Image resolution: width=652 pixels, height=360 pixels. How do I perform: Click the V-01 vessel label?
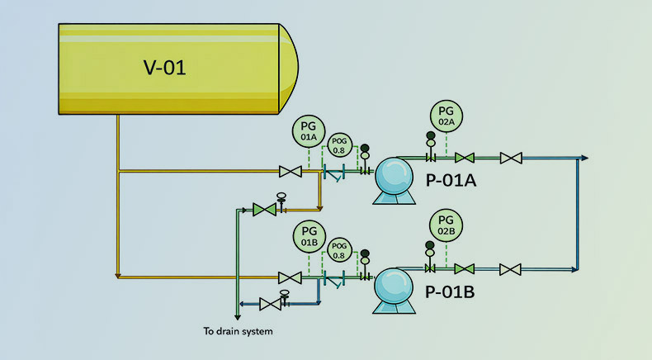click(x=161, y=67)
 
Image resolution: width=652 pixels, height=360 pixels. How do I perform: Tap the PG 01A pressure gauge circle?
click(x=309, y=133)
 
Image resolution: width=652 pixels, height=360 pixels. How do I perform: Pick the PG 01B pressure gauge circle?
click(x=309, y=236)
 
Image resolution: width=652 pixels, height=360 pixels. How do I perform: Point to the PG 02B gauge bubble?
click(x=446, y=225)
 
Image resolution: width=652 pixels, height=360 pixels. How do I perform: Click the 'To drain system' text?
click(x=238, y=332)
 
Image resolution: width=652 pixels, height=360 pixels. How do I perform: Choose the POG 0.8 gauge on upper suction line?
click(x=338, y=144)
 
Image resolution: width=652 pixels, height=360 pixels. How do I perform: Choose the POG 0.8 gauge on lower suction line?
click(x=338, y=250)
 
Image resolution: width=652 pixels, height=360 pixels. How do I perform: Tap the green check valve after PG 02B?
click(x=465, y=268)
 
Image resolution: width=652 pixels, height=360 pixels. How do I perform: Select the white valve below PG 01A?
click(x=290, y=172)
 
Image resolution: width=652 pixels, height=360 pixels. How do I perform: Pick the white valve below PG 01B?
click(x=290, y=277)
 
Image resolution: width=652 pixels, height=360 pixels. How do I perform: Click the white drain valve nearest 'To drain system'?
click(x=269, y=304)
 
